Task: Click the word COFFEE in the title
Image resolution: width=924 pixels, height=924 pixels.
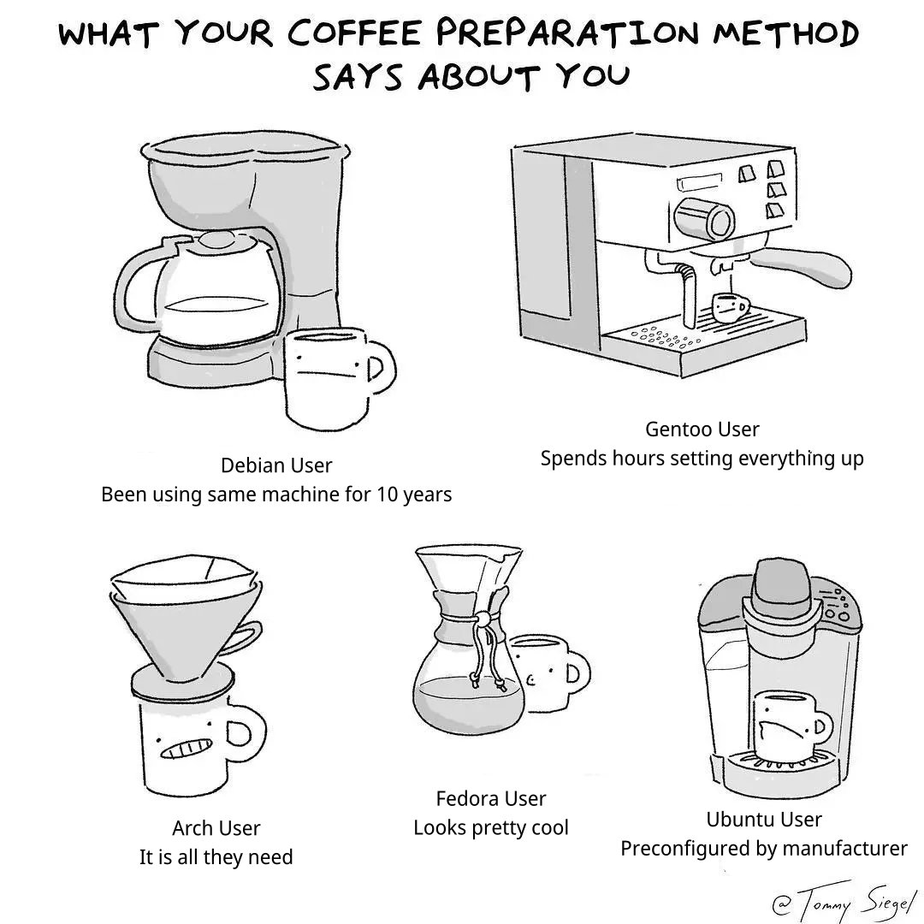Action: [x=353, y=33]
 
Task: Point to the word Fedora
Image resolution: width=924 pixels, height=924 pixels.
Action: [x=463, y=798]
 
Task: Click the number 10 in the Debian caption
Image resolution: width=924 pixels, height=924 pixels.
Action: [x=387, y=495]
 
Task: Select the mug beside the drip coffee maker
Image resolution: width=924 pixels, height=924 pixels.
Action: [x=336, y=378]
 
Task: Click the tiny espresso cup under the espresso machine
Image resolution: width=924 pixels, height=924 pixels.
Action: [x=730, y=308]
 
